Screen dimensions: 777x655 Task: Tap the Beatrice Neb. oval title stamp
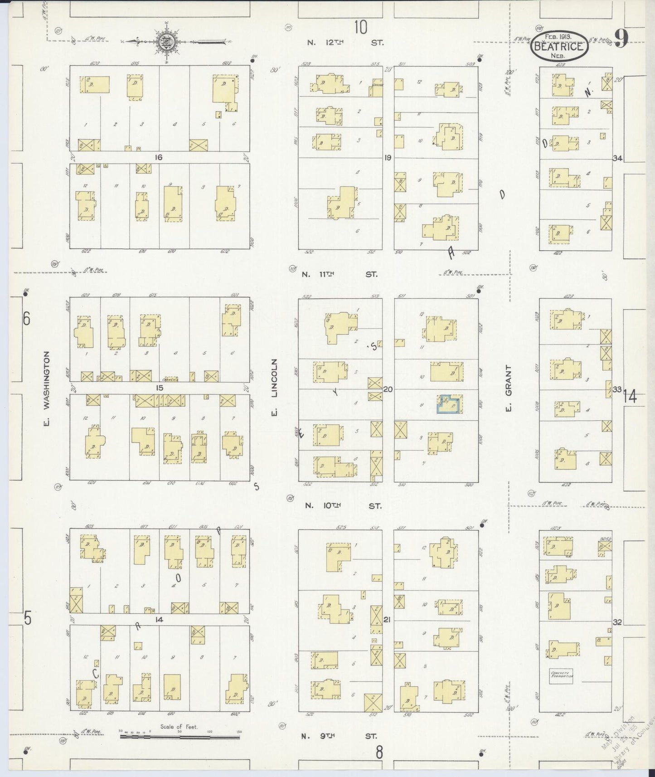click(559, 46)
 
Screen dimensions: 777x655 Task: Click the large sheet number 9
click(621, 39)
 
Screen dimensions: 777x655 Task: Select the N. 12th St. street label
click(345, 43)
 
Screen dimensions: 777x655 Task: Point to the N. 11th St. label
click(340, 274)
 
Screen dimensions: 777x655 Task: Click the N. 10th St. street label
click(343, 505)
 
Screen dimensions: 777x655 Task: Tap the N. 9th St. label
click(340, 737)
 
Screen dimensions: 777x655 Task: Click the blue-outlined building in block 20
click(449, 404)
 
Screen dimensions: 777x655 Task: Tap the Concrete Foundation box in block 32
click(562, 677)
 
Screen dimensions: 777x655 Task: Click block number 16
click(158, 157)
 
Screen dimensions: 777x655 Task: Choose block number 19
click(388, 158)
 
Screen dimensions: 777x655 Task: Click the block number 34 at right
click(617, 158)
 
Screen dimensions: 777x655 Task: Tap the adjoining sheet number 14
click(629, 396)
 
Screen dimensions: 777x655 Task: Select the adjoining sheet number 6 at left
click(26, 319)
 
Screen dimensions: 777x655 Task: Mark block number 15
click(159, 388)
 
